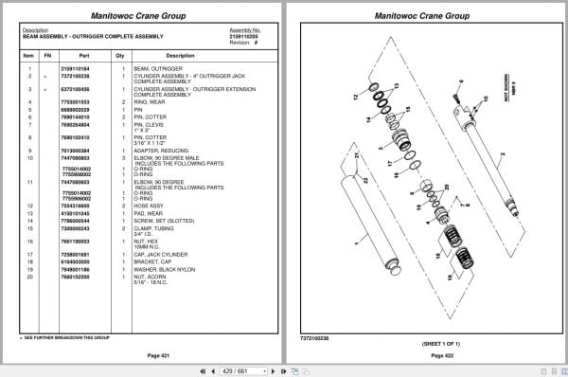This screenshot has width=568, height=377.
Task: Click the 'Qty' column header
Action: pos(120,55)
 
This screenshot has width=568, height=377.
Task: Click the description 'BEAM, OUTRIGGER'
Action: pos(156,69)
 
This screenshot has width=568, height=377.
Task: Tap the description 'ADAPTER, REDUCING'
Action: pos(158,150)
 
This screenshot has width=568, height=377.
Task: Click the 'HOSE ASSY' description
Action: pos(149,205)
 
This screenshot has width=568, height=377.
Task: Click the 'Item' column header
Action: pos(28,55)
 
